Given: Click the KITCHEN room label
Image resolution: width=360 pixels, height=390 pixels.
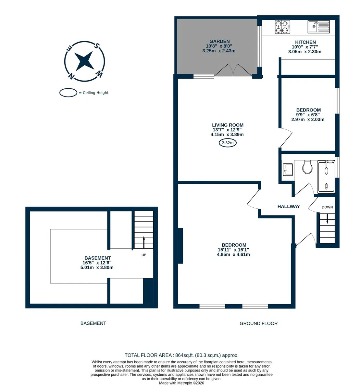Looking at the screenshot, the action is [x=305, y=42].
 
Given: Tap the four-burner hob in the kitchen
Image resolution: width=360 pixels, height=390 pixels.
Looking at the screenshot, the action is [x=282, y=27].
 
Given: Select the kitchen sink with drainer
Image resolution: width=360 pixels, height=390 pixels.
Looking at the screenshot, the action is [x=318, y=27].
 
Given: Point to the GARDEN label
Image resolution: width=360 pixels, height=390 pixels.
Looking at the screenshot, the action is [x=219, y=41].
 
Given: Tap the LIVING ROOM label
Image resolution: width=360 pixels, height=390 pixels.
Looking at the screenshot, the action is [x=228, y=125].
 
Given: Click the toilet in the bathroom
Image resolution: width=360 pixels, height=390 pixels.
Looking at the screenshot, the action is [x=307, y=167].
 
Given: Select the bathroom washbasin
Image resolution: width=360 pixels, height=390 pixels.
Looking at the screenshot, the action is [x=288, y=169].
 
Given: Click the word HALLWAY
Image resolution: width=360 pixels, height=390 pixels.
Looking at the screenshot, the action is [x=288, y=206].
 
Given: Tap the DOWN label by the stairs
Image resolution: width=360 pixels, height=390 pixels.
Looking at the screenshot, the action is [x=327, y=207].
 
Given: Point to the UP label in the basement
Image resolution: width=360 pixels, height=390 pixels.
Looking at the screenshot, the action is [x=143, y=255].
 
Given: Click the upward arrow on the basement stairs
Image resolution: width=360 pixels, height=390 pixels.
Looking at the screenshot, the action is [x=143, y=242].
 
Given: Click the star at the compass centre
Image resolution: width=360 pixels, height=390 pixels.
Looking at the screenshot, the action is [x=84, y=61].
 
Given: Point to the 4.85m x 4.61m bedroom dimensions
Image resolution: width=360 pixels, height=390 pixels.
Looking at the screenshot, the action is [x=233, y=254].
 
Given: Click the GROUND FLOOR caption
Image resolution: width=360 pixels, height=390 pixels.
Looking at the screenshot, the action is [x=258, y=323].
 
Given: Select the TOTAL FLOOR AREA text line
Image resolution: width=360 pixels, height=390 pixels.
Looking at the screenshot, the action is [x=181, y=355].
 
